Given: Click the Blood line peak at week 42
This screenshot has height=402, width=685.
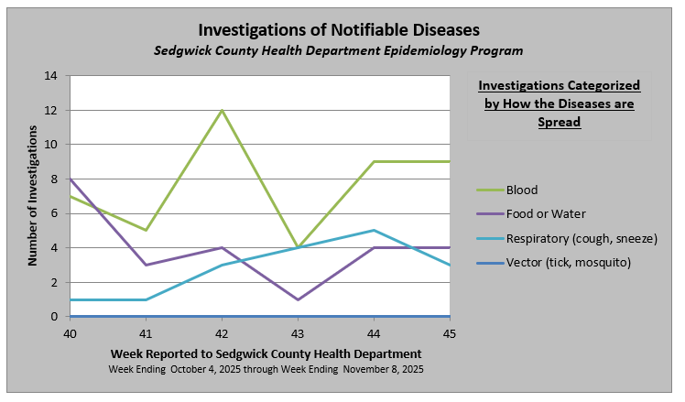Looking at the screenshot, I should (222, 111).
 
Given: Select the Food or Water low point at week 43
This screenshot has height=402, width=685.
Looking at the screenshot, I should (299, 299).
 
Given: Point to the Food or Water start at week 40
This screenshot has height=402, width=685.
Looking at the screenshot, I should (70, 179).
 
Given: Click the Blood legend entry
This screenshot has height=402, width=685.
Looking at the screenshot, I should (522, 190).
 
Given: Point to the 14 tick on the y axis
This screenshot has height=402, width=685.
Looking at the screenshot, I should (51, 76).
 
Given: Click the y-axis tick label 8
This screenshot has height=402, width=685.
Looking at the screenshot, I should (55, 179).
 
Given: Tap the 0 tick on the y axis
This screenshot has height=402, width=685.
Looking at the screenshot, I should (55, 317).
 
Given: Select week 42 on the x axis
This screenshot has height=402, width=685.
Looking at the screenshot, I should (222, 334).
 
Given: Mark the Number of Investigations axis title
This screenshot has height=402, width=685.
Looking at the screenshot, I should (32, 197).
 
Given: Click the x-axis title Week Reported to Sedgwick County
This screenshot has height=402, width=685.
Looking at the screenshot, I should (266, 353).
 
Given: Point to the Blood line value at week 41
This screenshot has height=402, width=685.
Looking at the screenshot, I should (146, 231).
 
